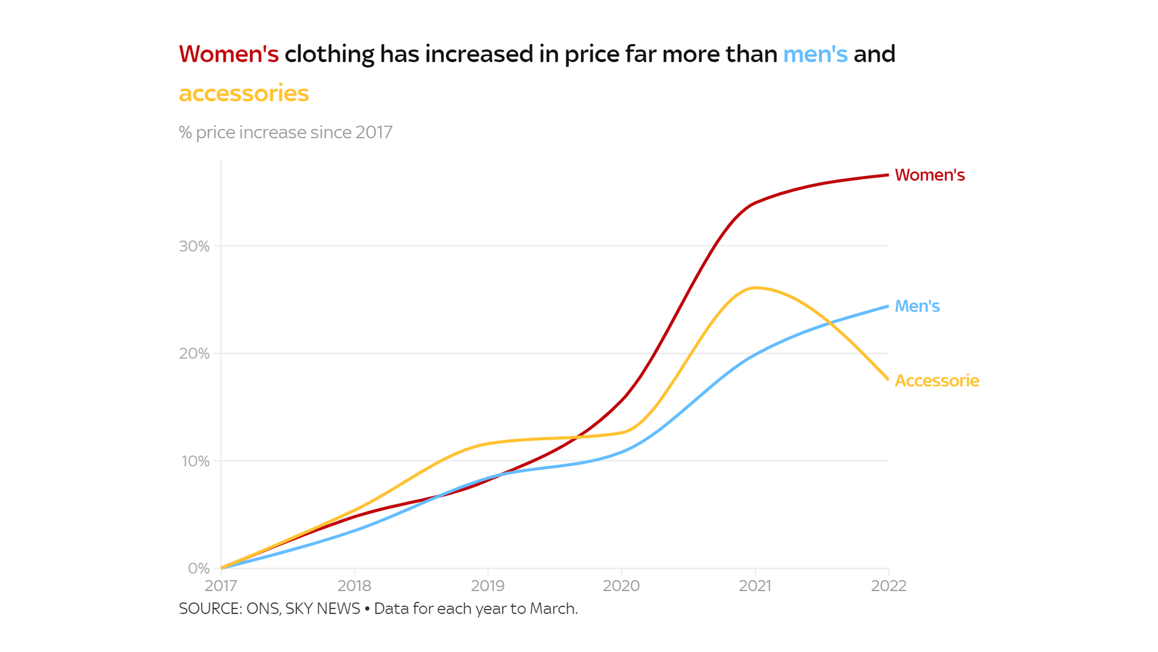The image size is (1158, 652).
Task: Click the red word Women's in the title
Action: point(228,54)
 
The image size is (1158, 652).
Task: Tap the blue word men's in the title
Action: point(815,54)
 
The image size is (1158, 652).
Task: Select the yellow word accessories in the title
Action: point(244,93)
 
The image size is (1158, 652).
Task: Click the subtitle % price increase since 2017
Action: point(286,132)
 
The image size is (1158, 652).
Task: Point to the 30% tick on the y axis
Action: point(195,246)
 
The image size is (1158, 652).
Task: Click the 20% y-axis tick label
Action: point(195,354)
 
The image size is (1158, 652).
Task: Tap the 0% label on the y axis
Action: point(198,568)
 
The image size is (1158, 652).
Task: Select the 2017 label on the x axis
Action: point(221,586)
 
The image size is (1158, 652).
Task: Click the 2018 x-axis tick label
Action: point(355,586)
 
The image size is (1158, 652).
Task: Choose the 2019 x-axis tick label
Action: point(488,586)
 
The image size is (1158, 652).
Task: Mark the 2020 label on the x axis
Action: point(621,586)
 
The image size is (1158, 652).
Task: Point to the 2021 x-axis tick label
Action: point(755,586)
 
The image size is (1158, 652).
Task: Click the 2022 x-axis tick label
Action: point(889,586)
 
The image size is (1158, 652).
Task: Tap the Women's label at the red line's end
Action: point(930,175)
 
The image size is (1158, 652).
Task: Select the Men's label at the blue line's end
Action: point(917,306)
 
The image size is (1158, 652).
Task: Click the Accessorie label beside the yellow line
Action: point(936,381)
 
